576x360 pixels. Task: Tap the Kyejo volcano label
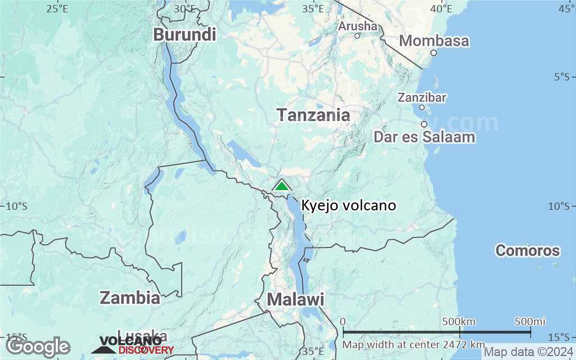click(x=348, y=205)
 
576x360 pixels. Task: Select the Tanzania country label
click(x=313, y=115)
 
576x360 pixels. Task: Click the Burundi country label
click(x=184, y=34)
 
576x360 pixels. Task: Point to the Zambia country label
click(x=130, y=297)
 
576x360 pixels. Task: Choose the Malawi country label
click(x=295, y=299)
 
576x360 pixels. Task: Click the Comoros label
click(x=527, y=250)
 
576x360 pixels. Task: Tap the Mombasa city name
click(x=434, y=40)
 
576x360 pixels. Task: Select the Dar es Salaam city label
click(x=424, y=137)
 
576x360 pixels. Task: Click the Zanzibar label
click(x=422, y=97)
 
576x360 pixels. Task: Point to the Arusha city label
click(x=358, y=26)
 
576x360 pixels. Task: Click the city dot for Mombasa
click(x=434, y=53)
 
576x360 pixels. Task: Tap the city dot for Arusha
click(x=357, y=36)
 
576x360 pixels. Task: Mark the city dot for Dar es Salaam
click(x=424, y=124)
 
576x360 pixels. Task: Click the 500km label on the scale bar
click(x=459, y=321)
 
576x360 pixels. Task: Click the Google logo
click(x=38, y=346)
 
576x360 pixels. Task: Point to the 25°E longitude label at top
click(x=57, y=8)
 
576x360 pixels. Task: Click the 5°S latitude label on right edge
click(x=561, y=76)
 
